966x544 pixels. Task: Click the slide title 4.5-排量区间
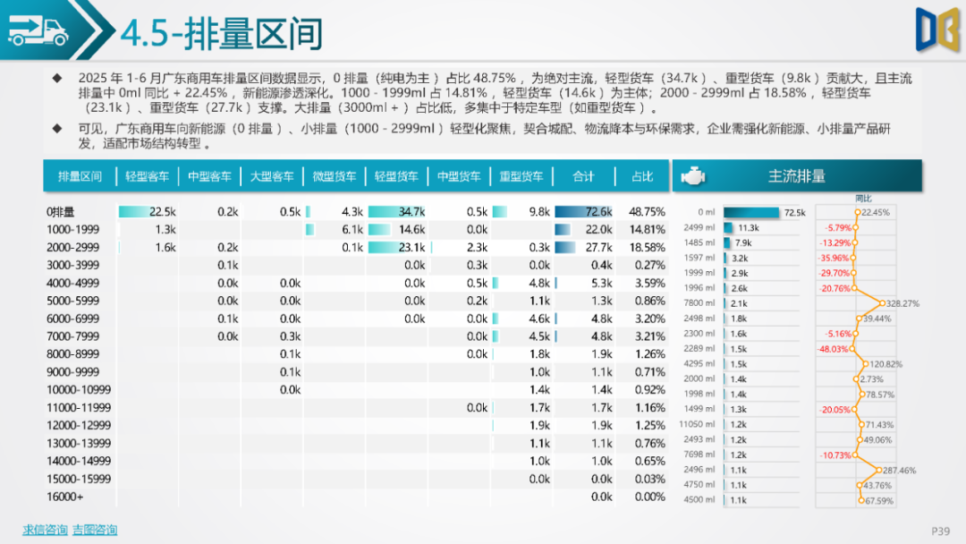point(221,33)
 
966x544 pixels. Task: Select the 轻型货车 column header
point(396,176)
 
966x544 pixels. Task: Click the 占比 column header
point(642,176)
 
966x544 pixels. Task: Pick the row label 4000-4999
point(73,283)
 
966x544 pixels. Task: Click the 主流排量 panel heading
point(796,176)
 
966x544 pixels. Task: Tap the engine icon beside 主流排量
point(692,176)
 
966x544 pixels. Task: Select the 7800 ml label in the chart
point(699,303)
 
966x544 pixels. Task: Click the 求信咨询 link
point(45,530)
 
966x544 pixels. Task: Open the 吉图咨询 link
point(95,530)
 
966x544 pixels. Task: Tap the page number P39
point(940,531)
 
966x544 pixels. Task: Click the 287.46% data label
point(901,470)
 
